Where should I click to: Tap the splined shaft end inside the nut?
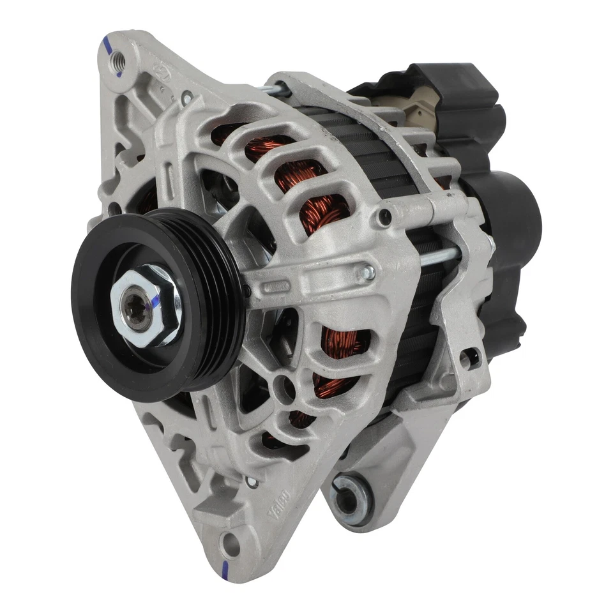pos(140,310)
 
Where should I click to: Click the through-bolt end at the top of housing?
pos(278,89)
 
